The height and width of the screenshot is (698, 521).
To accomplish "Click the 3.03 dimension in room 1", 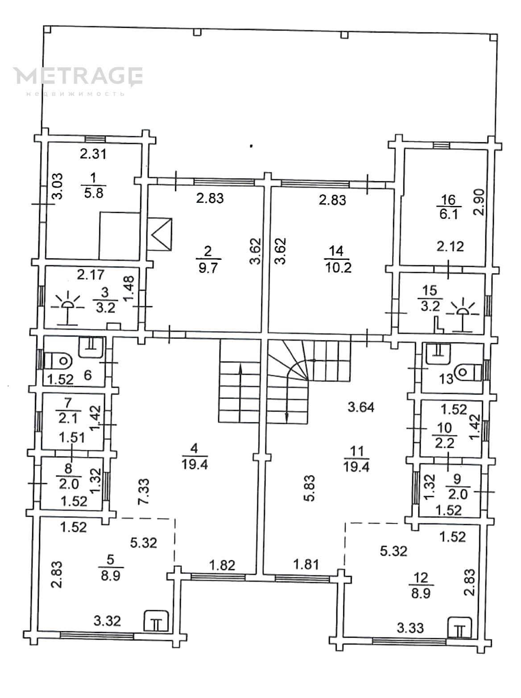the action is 58,186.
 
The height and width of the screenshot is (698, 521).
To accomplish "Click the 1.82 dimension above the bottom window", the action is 222,565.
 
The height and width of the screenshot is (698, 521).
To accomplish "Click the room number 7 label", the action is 68,403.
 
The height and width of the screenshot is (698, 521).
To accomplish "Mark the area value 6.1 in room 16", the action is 449,214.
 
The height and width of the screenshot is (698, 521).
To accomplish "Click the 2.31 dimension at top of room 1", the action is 93,154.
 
